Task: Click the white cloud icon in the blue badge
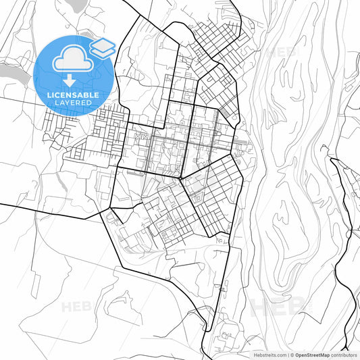(72, 60)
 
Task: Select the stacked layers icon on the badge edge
(103, 47)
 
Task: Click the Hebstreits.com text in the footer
(269, 355)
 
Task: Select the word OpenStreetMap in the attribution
(317, 355)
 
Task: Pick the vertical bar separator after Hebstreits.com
(288, 355)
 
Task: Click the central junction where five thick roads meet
(181, 178)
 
